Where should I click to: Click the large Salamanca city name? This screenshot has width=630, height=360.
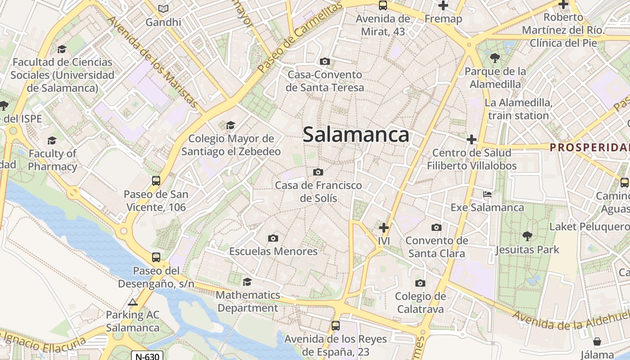(x=356, y=135)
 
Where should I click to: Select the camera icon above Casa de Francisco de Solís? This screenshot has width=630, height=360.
(x=318, y=172)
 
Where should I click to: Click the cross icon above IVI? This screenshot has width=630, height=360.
(x=383, y=228)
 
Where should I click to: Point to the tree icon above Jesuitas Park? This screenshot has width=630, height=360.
(x=527, y=236)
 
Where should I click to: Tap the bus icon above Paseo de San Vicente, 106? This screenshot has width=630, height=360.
(x=156, y=181)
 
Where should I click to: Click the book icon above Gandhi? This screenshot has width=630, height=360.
(x=163, y=9)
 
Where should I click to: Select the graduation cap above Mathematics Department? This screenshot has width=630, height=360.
(x=247, y=282)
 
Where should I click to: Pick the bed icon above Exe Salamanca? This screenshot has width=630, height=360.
(x=487, y=194)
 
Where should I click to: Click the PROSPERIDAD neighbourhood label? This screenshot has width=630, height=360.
(x=589, y=147)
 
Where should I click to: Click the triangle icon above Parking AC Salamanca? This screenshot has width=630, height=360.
(x=132, y=302)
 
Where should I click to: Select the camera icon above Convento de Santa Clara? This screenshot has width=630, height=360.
(x=436, y=227)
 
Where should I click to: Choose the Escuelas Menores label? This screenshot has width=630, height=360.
(x=274, y=251)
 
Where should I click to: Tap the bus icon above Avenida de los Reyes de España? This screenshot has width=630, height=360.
(x=335, y=325)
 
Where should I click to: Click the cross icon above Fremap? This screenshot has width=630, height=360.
(x=443, y=6)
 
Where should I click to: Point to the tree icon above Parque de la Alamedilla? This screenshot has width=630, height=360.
(x=495, y=58)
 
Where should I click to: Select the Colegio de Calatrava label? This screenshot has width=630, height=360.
(x=420, y=302)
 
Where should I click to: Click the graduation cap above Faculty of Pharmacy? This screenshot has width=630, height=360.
(x=52, y=140)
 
